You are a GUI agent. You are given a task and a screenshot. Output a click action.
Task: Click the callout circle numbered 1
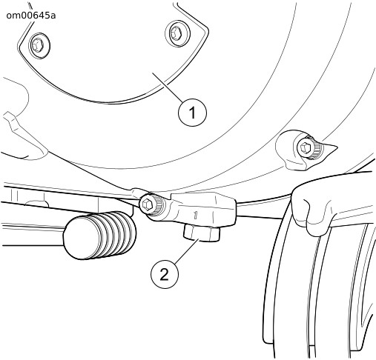click(192, 113)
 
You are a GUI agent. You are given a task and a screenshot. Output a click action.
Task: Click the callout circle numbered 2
click(165, 275)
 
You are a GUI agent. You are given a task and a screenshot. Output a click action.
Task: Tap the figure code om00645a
click(31, 16)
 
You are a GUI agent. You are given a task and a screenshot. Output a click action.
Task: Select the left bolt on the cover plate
click(39, 45)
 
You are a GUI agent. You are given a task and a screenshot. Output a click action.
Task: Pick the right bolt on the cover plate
click(177, 33)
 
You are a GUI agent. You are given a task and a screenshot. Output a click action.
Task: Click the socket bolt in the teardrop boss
click(306, 148)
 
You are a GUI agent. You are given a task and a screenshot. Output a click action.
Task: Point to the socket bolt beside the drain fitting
click(148, 204)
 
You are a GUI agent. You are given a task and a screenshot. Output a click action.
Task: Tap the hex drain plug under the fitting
click(202, 233)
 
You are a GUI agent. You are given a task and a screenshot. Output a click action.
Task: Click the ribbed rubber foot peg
click(100, 236)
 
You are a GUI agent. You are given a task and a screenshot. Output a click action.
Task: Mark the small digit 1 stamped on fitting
click(195, 215)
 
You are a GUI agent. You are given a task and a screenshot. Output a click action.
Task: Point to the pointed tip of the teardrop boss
click(337, 147)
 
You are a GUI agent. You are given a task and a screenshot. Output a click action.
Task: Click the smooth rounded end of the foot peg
click(74, 238)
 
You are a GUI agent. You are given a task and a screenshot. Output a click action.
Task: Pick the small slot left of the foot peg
click(36, 204)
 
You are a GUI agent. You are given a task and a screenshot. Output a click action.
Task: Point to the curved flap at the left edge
click(24, 135)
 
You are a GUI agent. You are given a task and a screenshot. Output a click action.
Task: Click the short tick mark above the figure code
click(31, 5)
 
